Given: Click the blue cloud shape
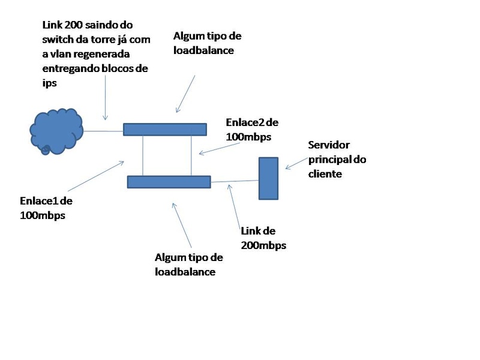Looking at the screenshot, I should tap(56, 130).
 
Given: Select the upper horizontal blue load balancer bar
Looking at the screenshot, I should tap(165, 129).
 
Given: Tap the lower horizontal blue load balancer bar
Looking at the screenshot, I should tap(169, 182).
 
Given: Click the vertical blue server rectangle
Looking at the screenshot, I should tap(268, 178).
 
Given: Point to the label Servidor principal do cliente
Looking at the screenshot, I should tap(336, 159).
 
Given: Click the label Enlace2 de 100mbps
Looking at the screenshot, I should tap(251, 130).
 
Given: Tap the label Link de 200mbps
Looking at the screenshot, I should tap(263, 238).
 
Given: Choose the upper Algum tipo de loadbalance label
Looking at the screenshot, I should tap(207, 43).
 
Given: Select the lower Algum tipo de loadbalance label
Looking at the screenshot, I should tap(188, 264).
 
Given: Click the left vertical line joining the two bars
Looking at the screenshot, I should tap(143, 155).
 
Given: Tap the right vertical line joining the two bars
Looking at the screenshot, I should tap(191, 155).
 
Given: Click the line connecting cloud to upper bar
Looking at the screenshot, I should tap(103, 130).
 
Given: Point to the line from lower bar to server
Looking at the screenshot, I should tap(235, 181).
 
